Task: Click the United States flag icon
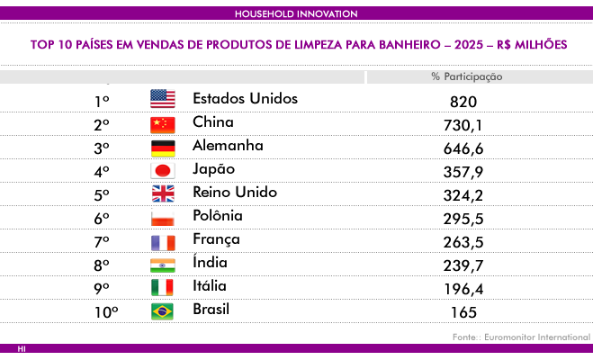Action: (163, 99)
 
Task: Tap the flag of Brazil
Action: (162, 311)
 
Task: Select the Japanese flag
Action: (163, 171)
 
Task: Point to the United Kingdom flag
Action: (163, 193)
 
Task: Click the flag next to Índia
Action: (163, 265)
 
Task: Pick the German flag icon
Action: (163, 148)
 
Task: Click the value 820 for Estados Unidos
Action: (463, 102)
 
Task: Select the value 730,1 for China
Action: (463, 125)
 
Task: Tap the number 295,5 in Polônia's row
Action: (463, 219)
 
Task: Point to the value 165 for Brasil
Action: (463, 312)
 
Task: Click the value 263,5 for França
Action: (463, 242)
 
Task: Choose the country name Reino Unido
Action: (235, 192)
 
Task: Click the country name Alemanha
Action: (228, 146)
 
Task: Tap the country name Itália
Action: (210, 285)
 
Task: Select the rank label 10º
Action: (106, 312)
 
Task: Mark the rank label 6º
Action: (102, 219)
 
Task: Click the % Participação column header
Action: (467, 76)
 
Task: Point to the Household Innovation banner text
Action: (296, 14)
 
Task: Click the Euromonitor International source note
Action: (537, 337)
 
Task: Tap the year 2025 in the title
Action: (469, 45)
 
